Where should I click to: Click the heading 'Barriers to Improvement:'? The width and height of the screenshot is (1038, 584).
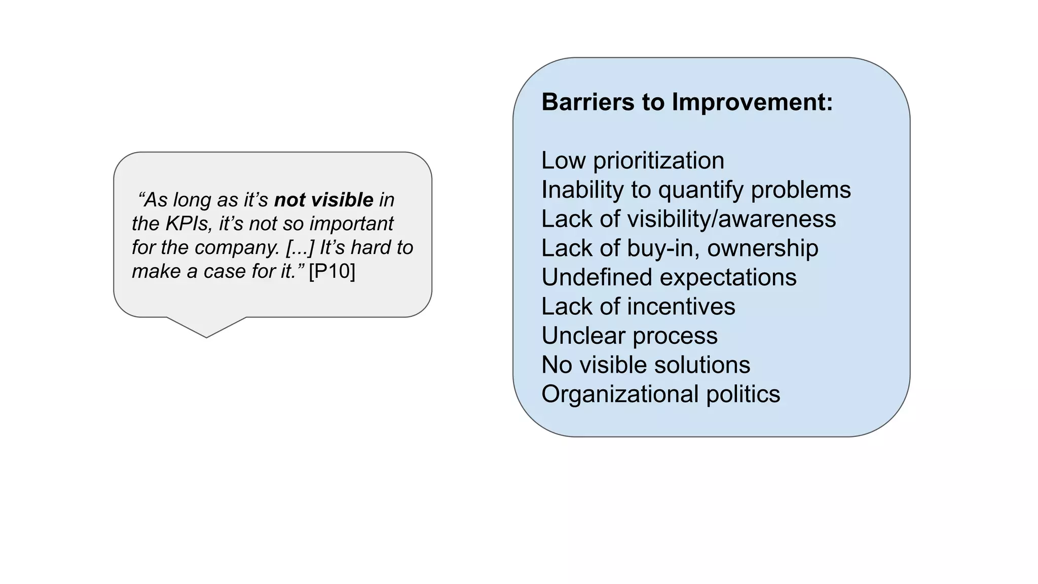click(x=687, y=102)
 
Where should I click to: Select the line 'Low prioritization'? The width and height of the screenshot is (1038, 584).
click(x=633, y=161)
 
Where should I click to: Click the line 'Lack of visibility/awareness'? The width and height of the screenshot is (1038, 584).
click(x=688, y=219)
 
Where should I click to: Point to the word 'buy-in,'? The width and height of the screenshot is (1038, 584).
click(x=662, y=248)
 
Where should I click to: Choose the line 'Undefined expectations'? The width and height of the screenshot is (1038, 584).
click(x=669, y=278)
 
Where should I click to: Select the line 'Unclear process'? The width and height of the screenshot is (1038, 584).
click(x=629, y=336)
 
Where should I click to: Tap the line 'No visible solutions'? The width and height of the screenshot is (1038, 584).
click(x=645, y=365)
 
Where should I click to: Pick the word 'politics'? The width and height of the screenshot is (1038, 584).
click(x=743, y=394)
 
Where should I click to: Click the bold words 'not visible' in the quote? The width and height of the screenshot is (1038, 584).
click(x=323, y=200)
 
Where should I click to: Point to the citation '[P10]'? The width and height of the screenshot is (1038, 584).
click(x=332, y=271)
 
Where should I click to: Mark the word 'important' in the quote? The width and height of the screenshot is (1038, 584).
click(x=351, y=224)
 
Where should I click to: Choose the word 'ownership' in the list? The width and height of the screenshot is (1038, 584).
click(x=762, y=248)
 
